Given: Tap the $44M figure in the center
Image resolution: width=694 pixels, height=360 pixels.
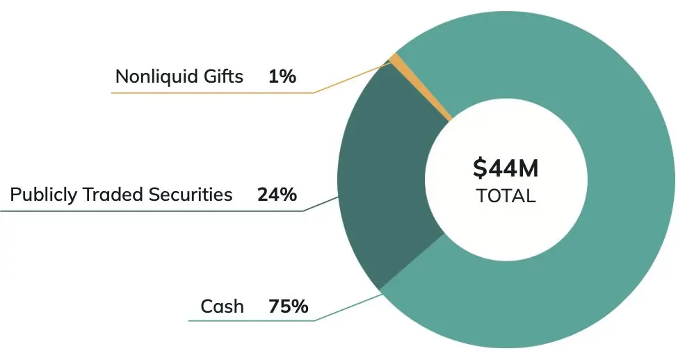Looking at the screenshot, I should [506, 169].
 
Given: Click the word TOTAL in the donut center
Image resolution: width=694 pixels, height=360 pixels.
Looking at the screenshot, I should [506, 196].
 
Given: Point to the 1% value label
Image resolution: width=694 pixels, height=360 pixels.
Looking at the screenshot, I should [282, 76].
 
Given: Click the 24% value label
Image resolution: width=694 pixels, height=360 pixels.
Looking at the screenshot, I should [277, 195].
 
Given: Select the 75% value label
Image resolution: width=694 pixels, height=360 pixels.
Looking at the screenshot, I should [288, 306].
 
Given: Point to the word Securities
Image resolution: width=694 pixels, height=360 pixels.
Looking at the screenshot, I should [191, 195].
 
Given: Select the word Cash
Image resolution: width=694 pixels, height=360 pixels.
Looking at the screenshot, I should [222, 306].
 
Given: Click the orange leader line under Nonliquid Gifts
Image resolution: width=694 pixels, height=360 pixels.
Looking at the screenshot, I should [209, 92].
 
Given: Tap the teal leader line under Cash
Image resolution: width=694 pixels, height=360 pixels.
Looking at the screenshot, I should [250, 321].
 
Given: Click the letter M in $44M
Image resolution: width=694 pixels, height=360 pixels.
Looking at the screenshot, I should [528, 169].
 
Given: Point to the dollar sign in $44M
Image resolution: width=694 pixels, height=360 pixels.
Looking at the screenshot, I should [478, 169].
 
